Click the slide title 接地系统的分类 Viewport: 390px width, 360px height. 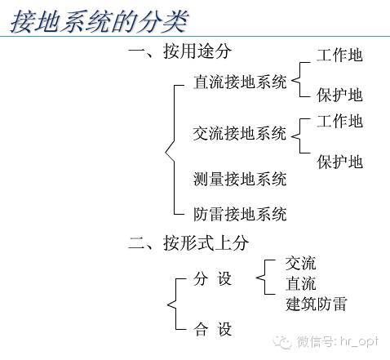coord(100,21)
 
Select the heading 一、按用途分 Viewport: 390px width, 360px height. coord(179,51)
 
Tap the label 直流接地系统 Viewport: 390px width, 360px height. coord(240,82)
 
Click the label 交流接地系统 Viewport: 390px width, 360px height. coord(240,133)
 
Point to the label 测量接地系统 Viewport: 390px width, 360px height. coord(240,179)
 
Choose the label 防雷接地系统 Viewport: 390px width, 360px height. coord(240,214)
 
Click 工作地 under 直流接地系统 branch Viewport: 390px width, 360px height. coord(339,55)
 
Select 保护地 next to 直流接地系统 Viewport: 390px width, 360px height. coord(339,95)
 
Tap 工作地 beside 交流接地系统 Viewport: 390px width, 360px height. coord(339,121)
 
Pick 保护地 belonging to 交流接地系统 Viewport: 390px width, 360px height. coord(339,162)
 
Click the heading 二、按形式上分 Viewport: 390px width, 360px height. coord(188,242)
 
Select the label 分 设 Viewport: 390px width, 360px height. coord(212,278)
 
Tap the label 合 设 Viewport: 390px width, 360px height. coord(212,329)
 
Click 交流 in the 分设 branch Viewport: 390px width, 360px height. coord(300,263)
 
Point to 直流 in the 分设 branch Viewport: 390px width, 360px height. coord(300,283)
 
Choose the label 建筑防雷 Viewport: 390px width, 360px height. coord(316,304)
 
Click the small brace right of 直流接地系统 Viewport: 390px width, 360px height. coord(299,80)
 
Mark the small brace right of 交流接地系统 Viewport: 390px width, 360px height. coord(299,136)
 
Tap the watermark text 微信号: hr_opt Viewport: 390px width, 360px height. coord(338,341)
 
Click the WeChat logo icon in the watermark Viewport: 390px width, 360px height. coord(283,342)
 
